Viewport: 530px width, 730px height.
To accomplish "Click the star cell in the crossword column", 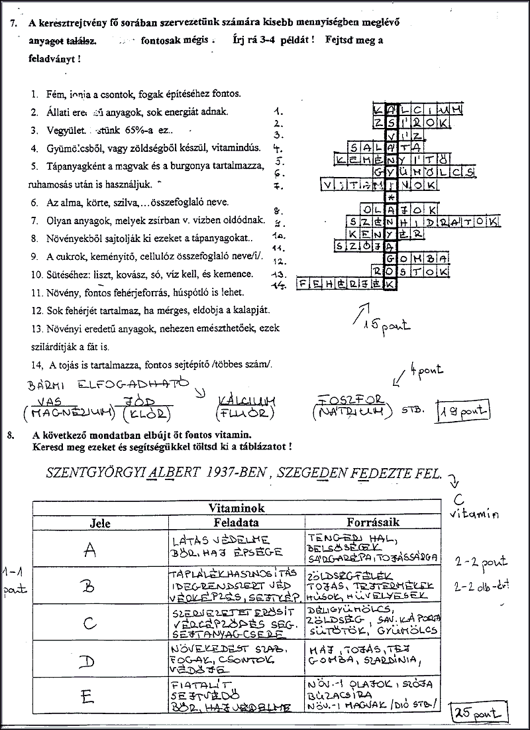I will [391, 197].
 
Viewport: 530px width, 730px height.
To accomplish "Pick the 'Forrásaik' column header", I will [373, 522].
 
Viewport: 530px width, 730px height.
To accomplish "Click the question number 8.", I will [9, 436].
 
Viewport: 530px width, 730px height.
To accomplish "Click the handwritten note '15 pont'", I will [389, 325].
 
